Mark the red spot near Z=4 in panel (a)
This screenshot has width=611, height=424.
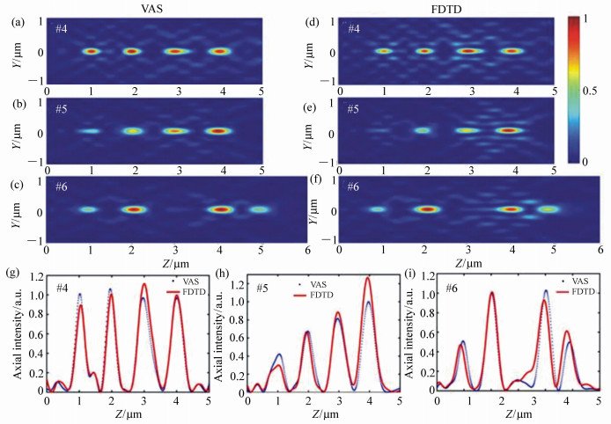[218, 51]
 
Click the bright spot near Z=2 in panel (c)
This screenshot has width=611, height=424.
[133, 209]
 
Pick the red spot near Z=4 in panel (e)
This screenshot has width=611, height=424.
[506, 130]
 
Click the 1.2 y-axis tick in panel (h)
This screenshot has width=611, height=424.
[238, 285]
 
